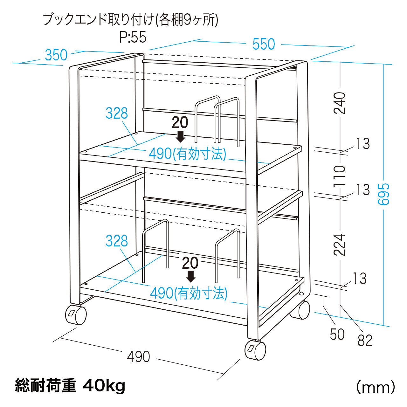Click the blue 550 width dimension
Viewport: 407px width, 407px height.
[264, 44]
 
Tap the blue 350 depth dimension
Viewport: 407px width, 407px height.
[56, 55]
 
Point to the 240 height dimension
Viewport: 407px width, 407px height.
[340, 103]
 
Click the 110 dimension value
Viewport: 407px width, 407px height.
[340, 176]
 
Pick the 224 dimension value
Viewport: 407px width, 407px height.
[340, 245]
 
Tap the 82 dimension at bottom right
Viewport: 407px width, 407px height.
[365, 341]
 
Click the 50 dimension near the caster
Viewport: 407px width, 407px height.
[337, 335]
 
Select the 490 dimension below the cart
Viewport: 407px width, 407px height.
[138, 357]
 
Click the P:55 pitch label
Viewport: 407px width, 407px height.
[133, 37]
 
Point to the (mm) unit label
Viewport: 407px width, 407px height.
[375, 387]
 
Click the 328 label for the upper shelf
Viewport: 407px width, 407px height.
[117, 113]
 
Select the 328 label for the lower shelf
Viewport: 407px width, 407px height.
[117, 241]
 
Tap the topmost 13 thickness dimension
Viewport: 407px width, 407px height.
[363, 144]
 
